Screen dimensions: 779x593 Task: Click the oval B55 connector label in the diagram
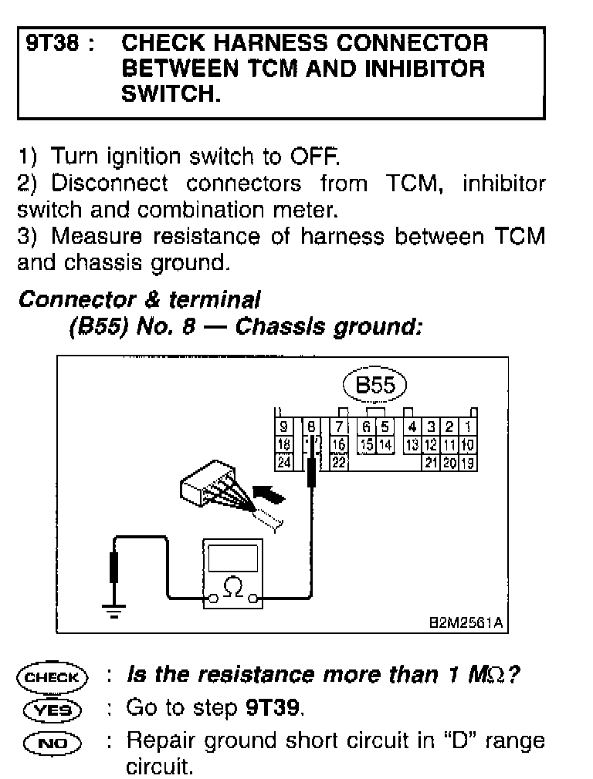coord(374,386)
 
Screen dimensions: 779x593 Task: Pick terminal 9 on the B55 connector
coord(284,426)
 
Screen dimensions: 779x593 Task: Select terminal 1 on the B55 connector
coord(468,426)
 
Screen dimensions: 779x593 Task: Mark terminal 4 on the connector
coord(413,426)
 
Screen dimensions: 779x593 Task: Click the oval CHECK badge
coord(53,678)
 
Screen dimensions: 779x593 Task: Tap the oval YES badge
coord(53,709)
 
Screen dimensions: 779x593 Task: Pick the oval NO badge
coord(53,742)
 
